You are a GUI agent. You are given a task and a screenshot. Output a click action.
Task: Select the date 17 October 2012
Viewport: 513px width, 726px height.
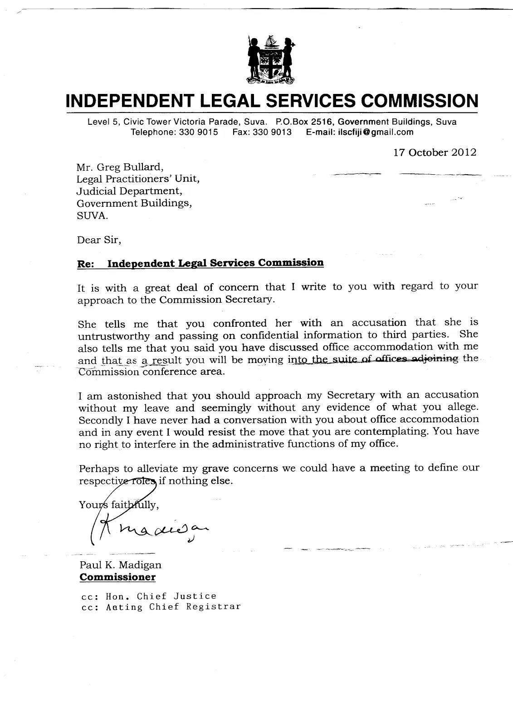(x=435, y=152)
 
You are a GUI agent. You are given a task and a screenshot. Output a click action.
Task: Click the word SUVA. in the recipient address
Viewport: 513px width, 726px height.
(x=93, y=216)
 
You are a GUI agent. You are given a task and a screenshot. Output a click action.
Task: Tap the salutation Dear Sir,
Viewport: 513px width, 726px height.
(x=99, y=240)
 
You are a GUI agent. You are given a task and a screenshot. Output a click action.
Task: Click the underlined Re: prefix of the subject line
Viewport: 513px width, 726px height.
(x=86, y=264)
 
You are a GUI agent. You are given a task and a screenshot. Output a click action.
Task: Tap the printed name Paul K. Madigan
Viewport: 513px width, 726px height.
(x=120, y=565)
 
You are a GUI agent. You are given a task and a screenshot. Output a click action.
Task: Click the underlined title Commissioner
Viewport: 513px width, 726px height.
(x=117, y=577)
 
